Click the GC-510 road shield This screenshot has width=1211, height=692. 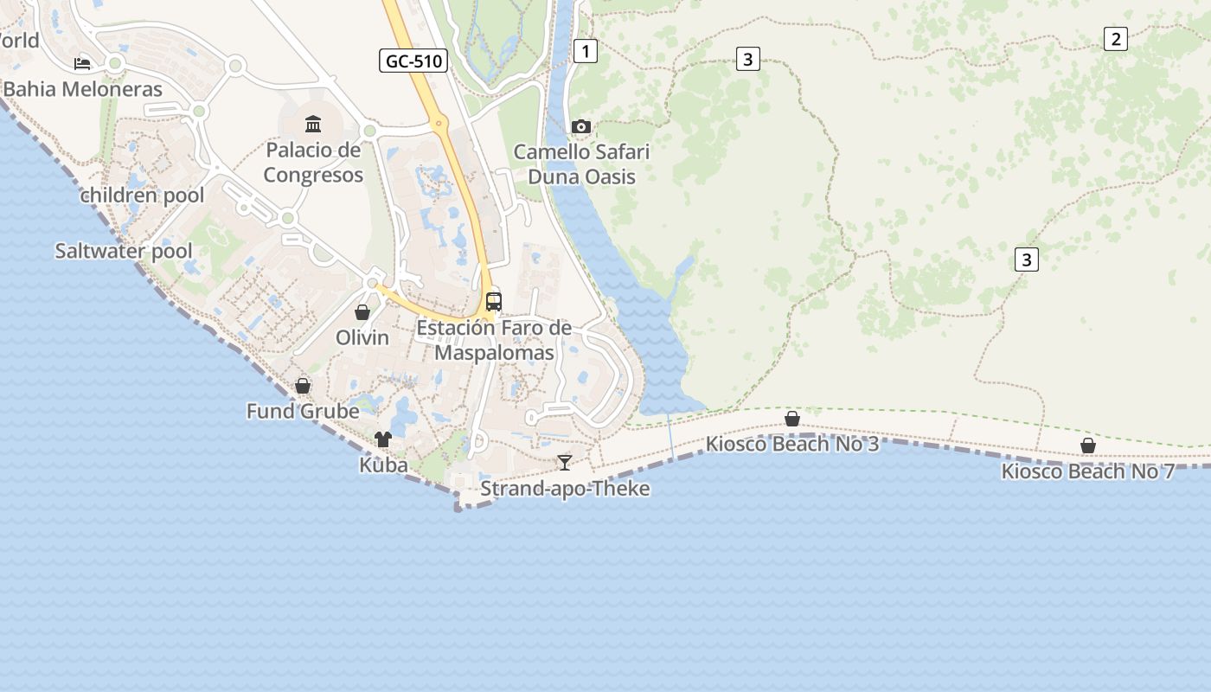tap(413, 61)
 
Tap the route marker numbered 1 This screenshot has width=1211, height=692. tap(586, 51)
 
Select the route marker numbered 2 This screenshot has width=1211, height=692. tap(1115, 38)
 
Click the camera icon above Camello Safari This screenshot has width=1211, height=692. tap(581, 127)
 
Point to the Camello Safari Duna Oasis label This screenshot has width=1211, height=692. tap(581, 164)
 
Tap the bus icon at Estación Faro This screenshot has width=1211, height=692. tap(494, 302)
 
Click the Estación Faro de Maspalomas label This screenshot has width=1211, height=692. tap(494, 341)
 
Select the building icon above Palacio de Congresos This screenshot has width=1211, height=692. tap(313, 125)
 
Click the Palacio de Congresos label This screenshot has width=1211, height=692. tap(313, 163)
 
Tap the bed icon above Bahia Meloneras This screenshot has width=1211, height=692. tap(82, 63)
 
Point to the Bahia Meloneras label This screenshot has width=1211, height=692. tap(83, 89)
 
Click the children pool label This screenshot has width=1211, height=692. tap(143, 195)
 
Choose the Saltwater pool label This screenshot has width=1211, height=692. tap(124, 252)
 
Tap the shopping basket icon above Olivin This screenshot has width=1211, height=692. tap(362, 312)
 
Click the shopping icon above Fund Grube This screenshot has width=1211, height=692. tap(303, 386)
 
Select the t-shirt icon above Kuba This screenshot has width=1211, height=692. tap(383, 439)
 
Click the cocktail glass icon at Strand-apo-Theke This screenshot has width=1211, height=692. tap(565, 463)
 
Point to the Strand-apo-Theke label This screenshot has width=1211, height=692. tap(565, 489)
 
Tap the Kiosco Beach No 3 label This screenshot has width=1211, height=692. tap(792, 445)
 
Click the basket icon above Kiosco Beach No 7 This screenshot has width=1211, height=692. tap(1088, 445)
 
